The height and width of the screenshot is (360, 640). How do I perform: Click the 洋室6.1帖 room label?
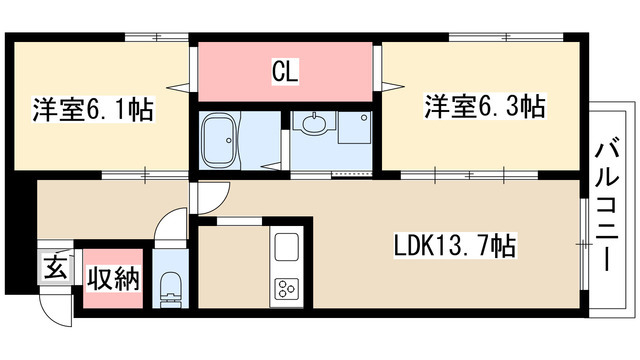click(95, 110)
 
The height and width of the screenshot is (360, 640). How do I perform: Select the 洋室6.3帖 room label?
click(485, 106)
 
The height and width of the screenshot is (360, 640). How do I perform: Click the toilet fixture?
click(170, 286)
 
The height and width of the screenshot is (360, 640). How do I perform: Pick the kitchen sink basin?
click(286, 245)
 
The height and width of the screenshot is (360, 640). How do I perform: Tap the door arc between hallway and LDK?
click(204, 200)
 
